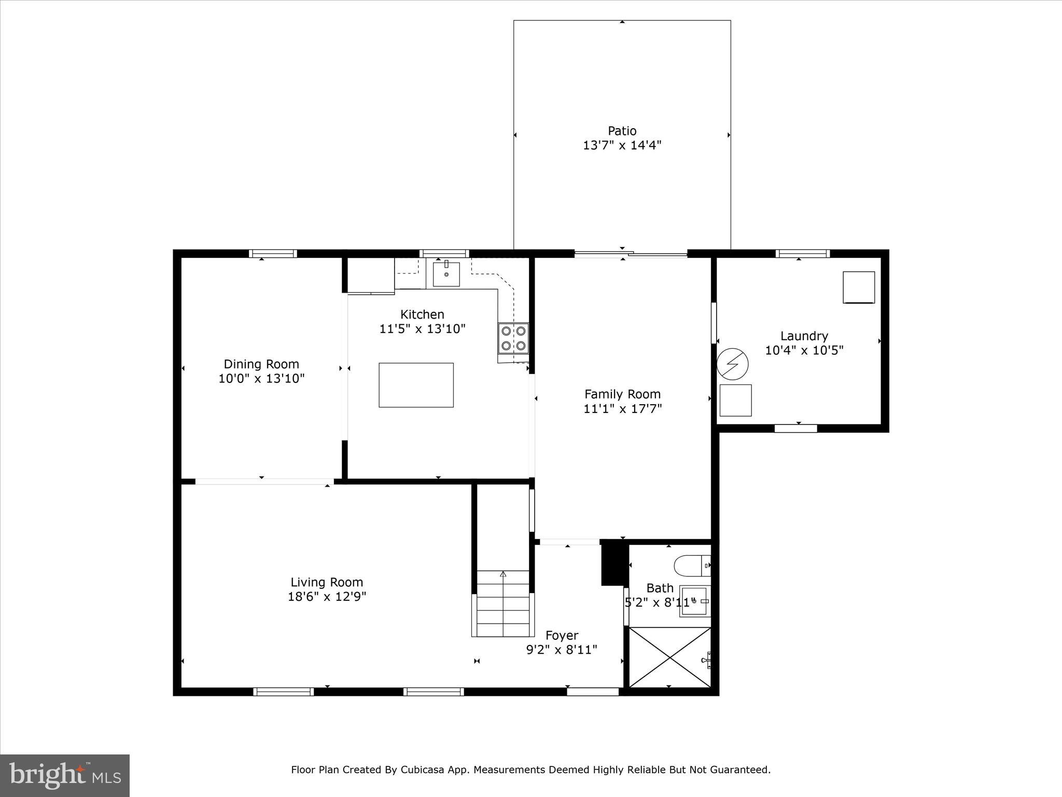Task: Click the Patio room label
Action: point(622,131)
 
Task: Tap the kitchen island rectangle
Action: point(416,385)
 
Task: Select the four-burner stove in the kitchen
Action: point(513,338)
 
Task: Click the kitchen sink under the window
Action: point(446,274)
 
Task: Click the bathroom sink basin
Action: point(693,601)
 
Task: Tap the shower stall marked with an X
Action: point(669,657)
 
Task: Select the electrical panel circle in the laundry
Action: point(732,364)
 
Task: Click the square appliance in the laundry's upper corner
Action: point(858,287)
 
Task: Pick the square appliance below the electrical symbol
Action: point(735,400)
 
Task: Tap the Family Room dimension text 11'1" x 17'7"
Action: point(622,409)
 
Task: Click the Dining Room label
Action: point(261,364)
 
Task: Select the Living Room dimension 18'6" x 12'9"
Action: point(327,597)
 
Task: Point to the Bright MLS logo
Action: point(65,776)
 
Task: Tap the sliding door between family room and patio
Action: point(631,254)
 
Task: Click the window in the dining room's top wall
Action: point(273,254)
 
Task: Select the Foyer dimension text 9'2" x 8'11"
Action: point(562,650)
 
